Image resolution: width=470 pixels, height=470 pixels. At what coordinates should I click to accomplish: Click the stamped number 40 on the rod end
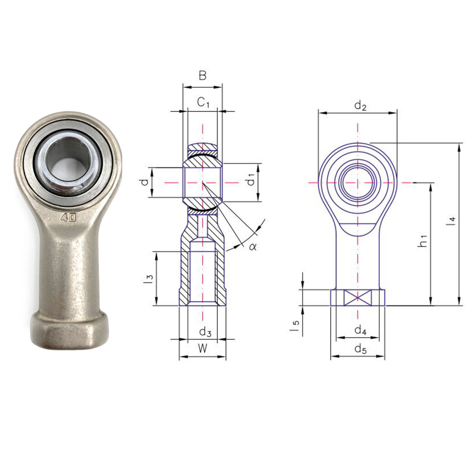pos(69,217)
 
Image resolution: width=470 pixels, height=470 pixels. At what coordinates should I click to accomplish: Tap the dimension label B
pos(202,76)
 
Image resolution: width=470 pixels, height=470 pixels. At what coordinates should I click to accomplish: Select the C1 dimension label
pos(203,103)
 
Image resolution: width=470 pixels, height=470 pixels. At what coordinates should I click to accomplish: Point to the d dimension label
pos(145,182)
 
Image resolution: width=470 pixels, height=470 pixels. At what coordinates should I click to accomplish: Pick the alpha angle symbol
pos(253,247)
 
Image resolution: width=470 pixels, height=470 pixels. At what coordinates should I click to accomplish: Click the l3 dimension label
pos(150,278)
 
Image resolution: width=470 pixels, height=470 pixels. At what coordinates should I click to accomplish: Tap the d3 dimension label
pos(205,333)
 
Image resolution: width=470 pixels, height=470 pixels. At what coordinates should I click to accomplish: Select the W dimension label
pos(202,349)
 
